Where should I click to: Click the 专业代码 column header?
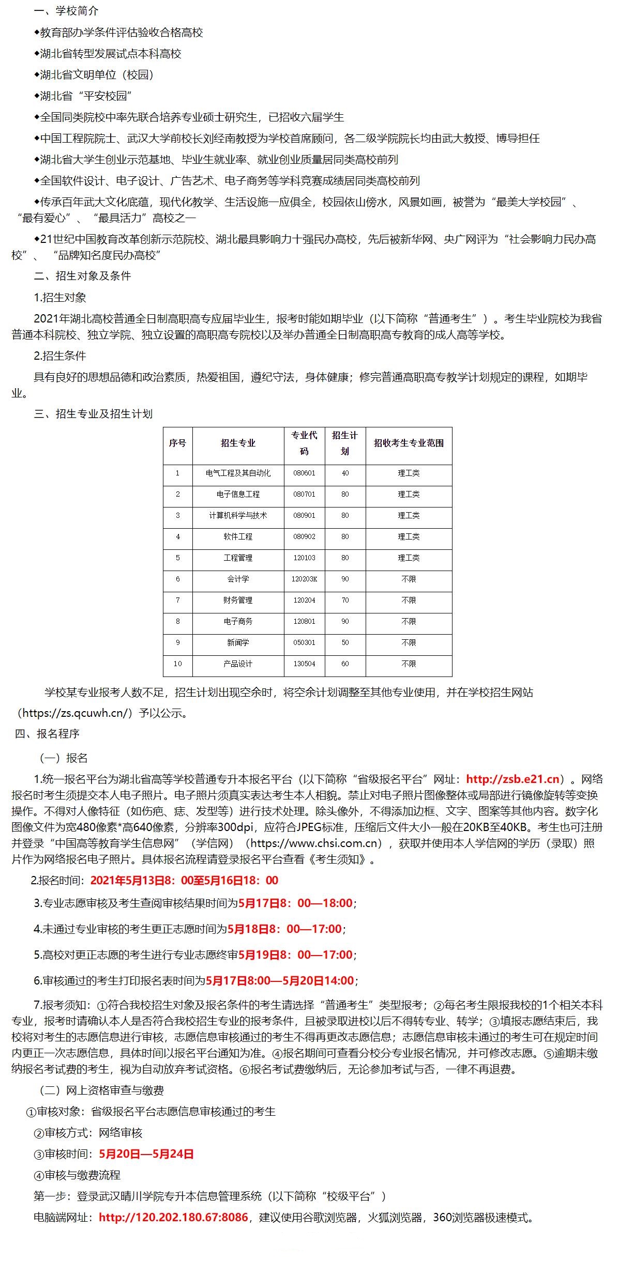pos(304,443)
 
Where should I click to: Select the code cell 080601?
pos(304,473)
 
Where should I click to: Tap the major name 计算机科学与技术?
pos(238,515)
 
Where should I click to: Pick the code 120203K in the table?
pos(304,579)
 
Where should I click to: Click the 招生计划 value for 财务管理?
pos(345,600)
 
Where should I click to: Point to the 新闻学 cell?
pos(238,642)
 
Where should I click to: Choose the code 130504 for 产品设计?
pos(304,664)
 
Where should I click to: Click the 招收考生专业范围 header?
pos(409,443)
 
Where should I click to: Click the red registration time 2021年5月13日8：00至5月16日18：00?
pos(184,880)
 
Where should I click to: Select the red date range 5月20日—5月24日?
pos(146,1154)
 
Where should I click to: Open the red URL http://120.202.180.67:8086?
pos(173,1217)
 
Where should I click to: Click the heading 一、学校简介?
pos(66,11)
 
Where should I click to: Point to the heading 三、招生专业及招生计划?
pos(93,413)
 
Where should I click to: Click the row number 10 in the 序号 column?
pos(177,664)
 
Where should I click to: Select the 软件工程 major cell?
pos(238,536)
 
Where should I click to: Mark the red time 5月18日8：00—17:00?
pos(284,929)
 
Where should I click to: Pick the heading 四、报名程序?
pos(47,733)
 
